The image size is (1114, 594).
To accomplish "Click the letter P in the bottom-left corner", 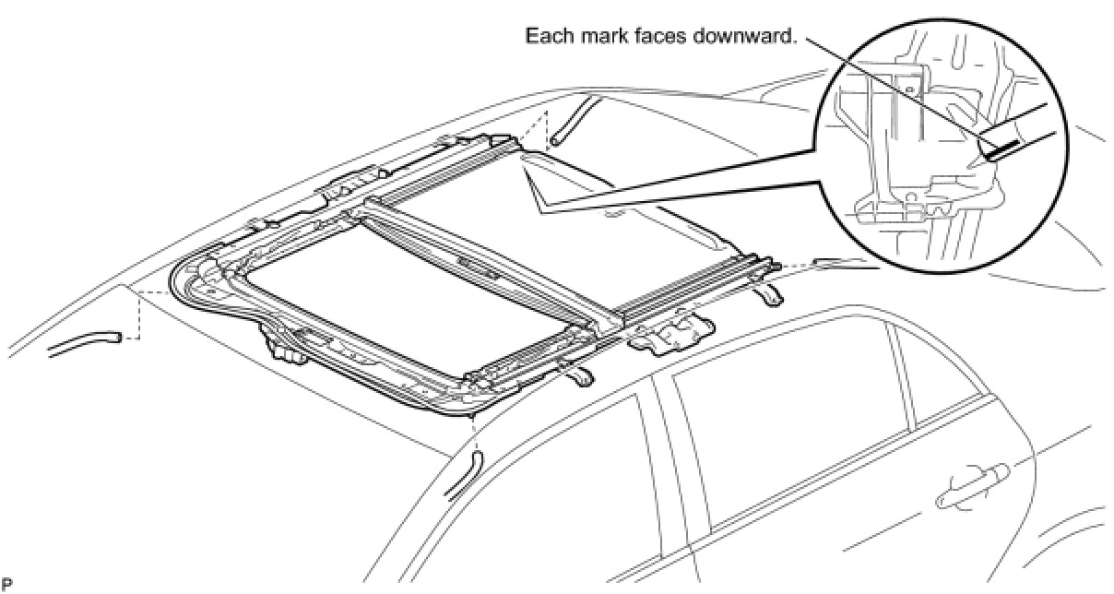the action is coord(7,584).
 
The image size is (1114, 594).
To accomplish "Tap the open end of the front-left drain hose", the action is coord(117,338).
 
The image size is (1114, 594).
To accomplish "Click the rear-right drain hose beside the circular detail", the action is coord(846,263).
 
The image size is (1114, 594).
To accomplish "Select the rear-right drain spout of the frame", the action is coord(768,295).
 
